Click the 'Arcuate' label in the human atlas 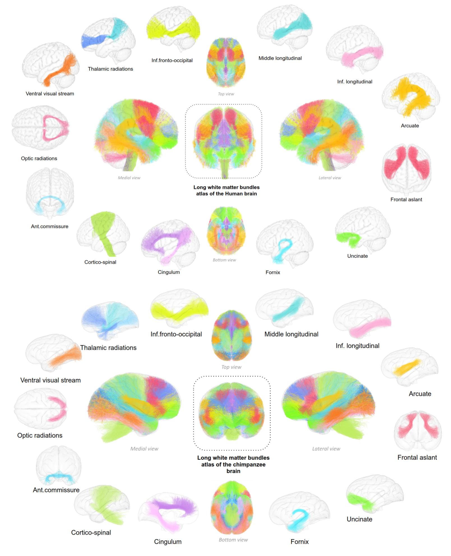410,126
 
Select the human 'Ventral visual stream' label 50,94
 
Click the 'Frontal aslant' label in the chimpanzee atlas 417,457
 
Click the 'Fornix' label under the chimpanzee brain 299,541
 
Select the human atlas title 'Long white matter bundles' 226,187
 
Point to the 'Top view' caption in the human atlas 226,94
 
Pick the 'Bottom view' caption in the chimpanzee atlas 233,540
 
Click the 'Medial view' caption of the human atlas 129,178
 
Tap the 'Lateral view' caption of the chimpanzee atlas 326,449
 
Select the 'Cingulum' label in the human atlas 168,272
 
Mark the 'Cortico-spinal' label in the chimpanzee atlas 91,532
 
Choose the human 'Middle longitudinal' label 280,58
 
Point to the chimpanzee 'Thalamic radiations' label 108,348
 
